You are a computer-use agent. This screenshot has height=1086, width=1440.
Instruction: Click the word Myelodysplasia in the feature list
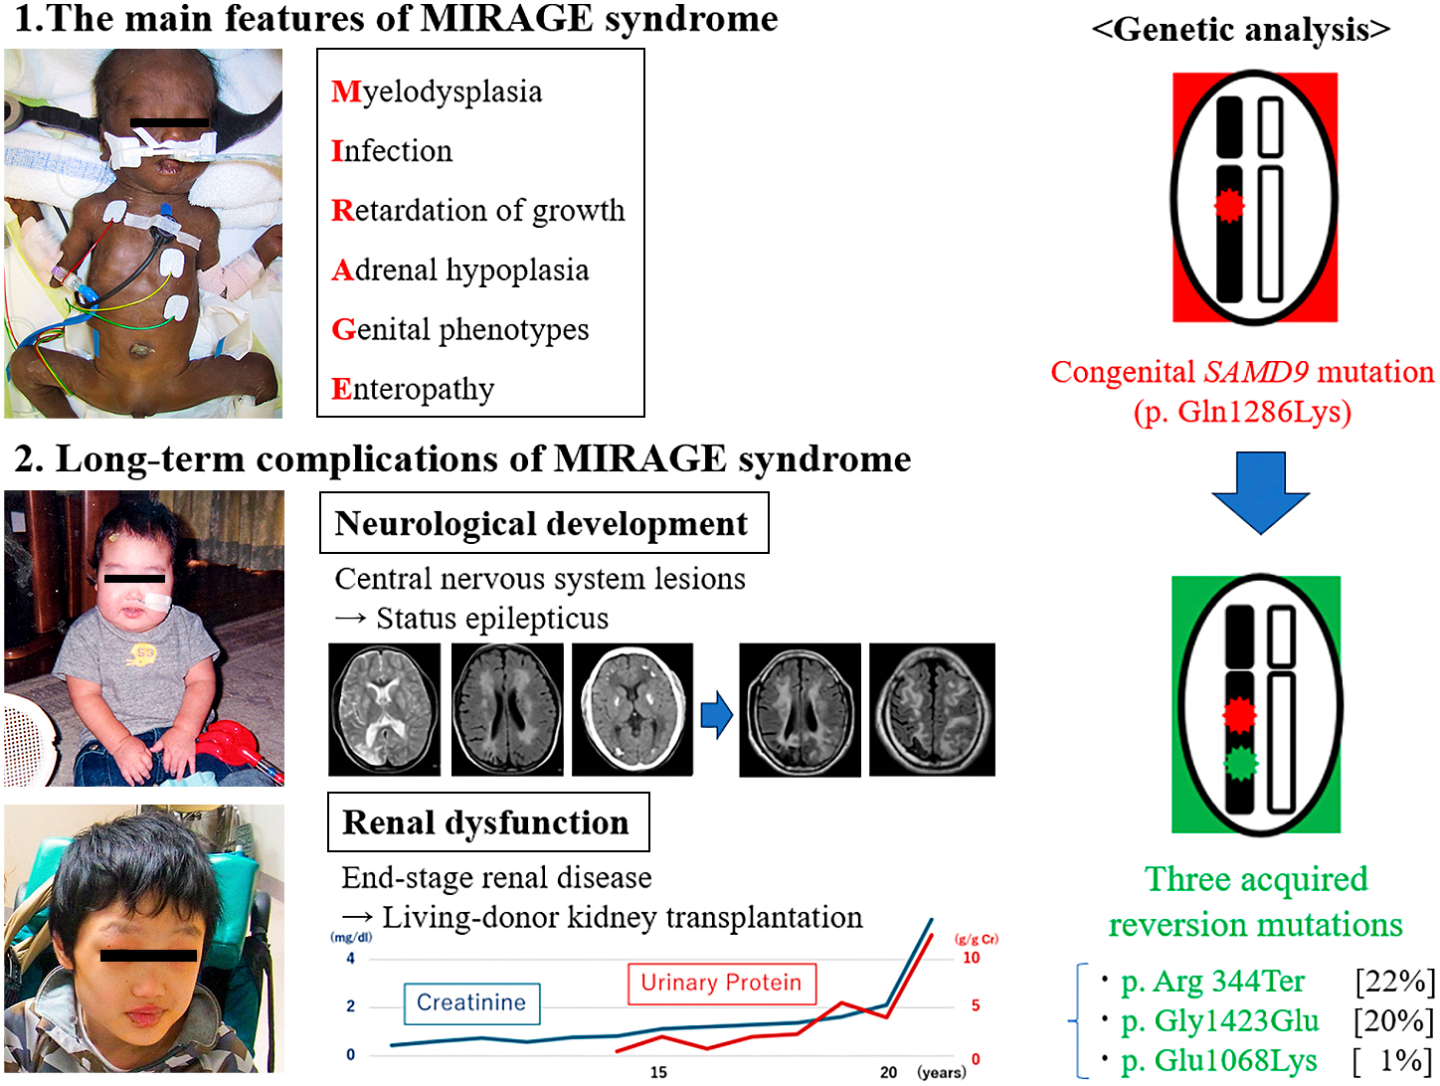pos(437,91)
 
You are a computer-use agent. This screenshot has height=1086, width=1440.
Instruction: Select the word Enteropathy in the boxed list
pos(413,389)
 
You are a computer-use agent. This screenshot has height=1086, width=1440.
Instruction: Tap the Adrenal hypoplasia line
pos(460,270)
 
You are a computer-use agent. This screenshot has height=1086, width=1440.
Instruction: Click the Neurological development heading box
pos(543,523)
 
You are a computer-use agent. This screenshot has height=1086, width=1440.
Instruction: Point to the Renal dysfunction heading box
pos(487,822)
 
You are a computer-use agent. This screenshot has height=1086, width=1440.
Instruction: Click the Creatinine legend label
pos(471,1002)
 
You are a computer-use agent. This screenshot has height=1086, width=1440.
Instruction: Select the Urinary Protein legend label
pos(721,983)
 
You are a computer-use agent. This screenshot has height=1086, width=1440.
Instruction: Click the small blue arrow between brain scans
pos(716,714)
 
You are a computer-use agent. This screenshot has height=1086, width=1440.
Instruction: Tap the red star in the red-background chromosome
pos(1230,206)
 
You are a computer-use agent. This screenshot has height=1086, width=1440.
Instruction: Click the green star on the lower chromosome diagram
pos(1239,764)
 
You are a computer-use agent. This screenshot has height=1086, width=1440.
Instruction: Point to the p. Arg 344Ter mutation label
pos(1212,982)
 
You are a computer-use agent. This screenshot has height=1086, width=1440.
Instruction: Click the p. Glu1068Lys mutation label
pos(1218,1061)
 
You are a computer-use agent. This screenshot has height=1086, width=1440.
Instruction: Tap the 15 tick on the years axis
pos(658,1072)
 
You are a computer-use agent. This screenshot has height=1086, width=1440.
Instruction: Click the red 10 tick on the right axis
pos(971,958)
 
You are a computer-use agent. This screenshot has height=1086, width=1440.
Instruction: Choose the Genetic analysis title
pos(1240,30)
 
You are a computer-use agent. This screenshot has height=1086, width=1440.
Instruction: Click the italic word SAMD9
pos(1256,372)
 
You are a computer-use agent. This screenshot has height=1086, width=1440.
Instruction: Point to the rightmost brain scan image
pos(932,709)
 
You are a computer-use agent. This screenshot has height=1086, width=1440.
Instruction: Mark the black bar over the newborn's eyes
pos(170,123)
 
